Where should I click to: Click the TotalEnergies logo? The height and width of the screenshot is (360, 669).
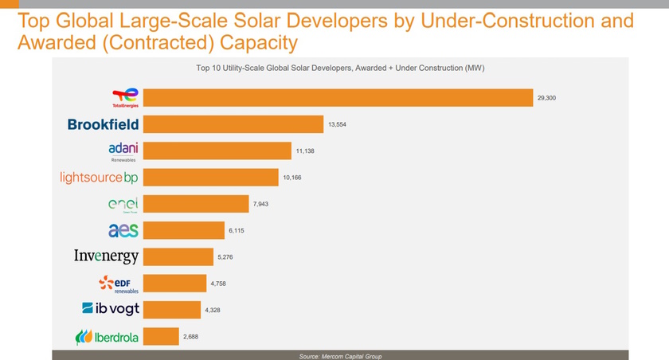[x=125, y=97]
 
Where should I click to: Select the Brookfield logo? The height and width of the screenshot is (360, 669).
[x=103, y=124]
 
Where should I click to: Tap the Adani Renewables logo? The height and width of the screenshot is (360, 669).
[x=123, y=151]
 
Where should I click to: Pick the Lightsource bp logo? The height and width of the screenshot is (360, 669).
[x=100, y=177]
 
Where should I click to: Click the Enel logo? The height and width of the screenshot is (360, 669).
[x=123, y=204]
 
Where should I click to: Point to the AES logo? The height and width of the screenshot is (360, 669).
[x=123, y=230]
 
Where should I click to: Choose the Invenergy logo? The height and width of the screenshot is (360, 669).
[x=106, y=256]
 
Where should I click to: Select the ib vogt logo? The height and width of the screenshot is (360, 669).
[x=110, y=309]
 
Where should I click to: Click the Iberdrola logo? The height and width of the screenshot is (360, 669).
[x=107, y=337]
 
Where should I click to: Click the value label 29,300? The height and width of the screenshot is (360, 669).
[x=546, y=97]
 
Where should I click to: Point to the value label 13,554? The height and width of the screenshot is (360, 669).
[x=337, y=124]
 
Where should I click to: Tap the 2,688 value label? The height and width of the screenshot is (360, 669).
[x=190, y=337]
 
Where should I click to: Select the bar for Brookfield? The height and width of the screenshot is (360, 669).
[x=233, y=124]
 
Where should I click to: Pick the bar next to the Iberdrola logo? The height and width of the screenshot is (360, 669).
[x=162, y=337]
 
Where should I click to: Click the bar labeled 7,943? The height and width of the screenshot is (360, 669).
[x=197, y=204]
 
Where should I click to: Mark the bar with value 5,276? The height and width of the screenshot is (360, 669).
[x=179, y=256]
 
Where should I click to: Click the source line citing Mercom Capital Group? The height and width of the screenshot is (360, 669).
[x=340, y=355]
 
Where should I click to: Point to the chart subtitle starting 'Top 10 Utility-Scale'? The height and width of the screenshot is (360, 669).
[x=340, y=68]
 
